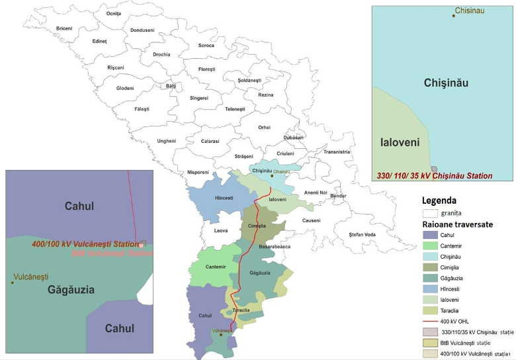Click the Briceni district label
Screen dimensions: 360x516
coord(64,28)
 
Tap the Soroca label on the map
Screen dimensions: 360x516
coord(206,46)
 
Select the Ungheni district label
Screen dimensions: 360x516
coord(166,141)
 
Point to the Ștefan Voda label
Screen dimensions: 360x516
coord(362,235)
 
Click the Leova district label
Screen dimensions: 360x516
coord(221,231)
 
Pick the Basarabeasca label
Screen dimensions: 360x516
coord(274,247)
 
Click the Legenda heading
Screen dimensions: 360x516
coord(439,201)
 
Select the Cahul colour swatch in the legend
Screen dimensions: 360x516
coord(430,235)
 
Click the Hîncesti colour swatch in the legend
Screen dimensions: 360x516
coord(430,289)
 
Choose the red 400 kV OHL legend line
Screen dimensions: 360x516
coord(430,321)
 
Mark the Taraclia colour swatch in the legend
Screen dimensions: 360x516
coord(430,310)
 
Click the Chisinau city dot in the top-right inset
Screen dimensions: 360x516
coord(454,15)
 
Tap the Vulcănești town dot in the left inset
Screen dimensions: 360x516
coord(12,283)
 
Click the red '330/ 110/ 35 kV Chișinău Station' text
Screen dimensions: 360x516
coord(435,176)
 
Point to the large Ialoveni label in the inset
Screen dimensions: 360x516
coord(402,142)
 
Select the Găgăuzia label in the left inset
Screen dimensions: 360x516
coord(71,290)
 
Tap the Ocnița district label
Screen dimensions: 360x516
coord(114,13)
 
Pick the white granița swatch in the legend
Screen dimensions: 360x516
coord(430,213)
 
